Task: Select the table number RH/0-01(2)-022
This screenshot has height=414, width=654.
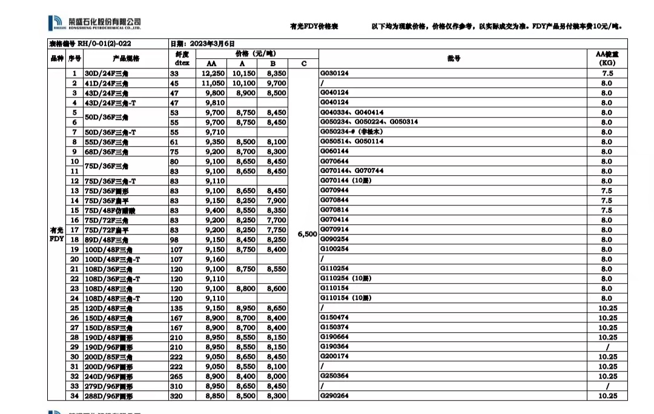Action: click(90, 44)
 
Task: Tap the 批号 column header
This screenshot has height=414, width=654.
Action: click(454, 58)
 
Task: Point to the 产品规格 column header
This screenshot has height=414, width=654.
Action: click(125, 58)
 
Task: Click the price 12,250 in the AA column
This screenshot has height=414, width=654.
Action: click(213, 73)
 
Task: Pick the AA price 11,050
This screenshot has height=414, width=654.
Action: click(213, 83)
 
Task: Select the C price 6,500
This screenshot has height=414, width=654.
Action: click(308, 234)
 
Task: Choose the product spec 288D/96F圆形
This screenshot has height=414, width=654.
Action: click(108, 396)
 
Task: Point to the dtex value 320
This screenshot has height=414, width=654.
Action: click(174, 396)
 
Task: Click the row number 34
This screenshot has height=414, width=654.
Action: click(74, 396)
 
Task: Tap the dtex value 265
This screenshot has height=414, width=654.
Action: click(174, 376)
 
